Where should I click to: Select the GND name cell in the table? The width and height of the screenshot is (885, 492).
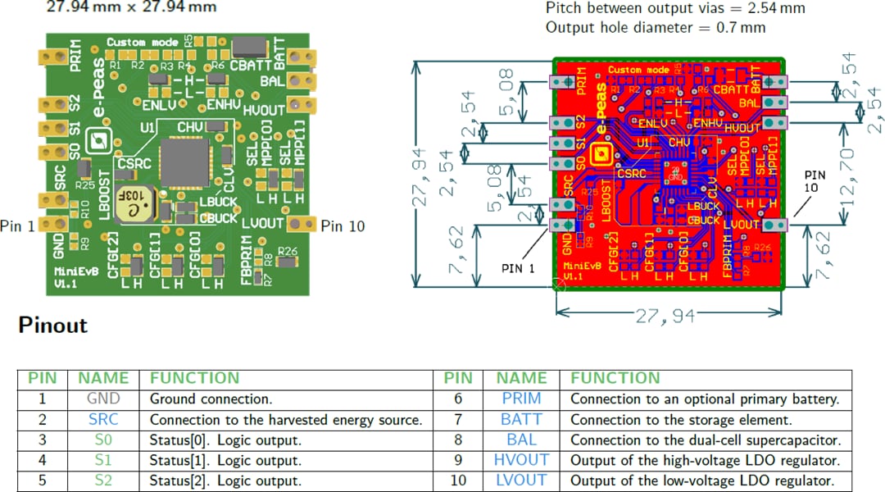point(103,399)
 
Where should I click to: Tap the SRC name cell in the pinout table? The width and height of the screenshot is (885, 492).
point(103,420)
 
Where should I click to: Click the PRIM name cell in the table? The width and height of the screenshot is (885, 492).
point(521,399)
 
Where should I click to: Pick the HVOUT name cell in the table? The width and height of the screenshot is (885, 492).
point(521,460)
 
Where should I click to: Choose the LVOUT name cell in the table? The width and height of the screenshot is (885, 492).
point(521,481)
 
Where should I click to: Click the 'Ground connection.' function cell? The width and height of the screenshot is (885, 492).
point(211,399)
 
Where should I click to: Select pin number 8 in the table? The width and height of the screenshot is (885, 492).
point(457,440)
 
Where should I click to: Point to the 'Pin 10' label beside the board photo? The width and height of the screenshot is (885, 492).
point(343,226)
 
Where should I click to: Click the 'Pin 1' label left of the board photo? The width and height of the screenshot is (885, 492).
point(17,226)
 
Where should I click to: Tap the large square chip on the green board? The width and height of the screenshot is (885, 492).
point(185,162)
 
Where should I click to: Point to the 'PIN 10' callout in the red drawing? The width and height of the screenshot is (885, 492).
point(815,181)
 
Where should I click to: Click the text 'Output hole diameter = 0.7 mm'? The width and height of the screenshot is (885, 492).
point(656,28)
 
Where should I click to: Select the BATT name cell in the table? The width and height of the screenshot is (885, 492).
point(521,420)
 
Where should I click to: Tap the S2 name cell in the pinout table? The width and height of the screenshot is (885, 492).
point(103,481)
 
